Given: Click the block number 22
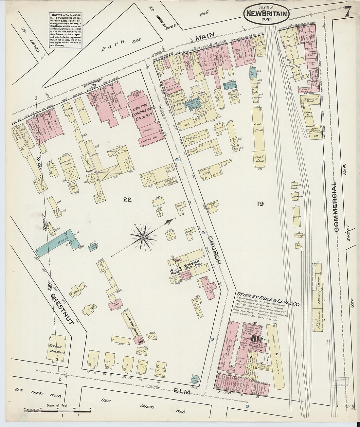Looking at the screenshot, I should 127,200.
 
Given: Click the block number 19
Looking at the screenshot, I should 261,204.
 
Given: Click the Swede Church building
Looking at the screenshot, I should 58,349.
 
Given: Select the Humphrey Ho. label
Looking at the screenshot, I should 92,85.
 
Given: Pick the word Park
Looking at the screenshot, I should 109,48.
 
